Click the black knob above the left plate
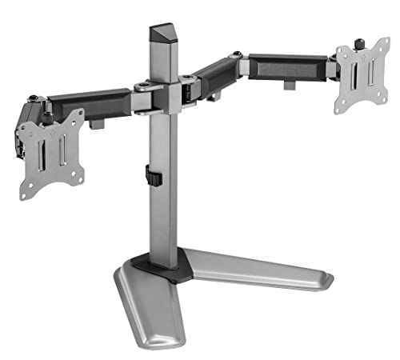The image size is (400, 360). point(33,99)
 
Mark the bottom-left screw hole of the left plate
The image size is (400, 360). point(32,190)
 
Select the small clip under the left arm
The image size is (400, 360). point(98,123)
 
